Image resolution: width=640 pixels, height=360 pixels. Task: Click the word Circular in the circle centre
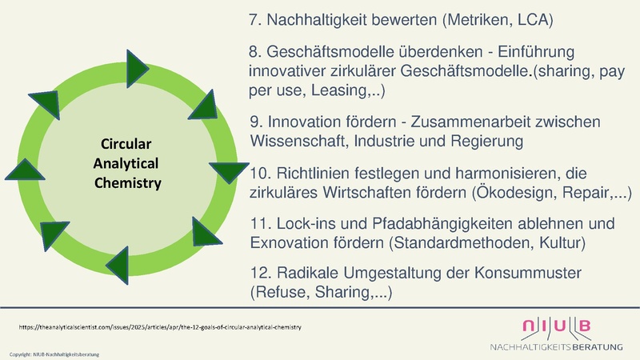(126, 145)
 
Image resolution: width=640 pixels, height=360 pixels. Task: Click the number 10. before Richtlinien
(262, 173)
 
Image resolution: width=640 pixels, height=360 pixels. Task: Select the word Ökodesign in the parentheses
(521, 193)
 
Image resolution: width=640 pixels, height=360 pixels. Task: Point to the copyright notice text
(54, 353)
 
